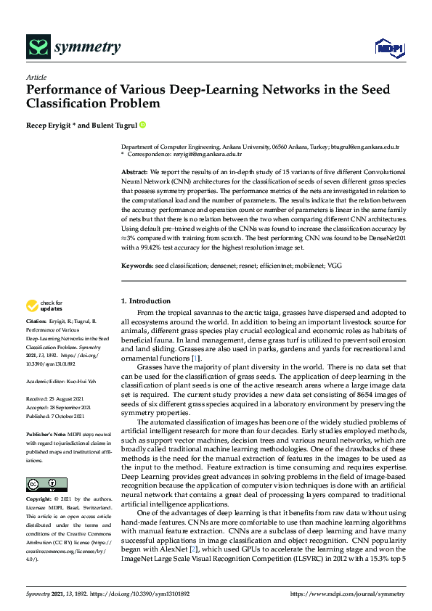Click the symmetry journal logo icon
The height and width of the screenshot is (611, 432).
[x=37, y=48]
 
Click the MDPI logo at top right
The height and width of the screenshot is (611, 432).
[x=388, y=49]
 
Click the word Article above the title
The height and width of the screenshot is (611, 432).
[x=36, y=77]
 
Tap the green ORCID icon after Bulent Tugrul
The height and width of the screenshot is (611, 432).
[x=143, y=125]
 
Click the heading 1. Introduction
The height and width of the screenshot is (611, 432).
[x=146, y=300]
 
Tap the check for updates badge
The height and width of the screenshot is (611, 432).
[x=44, y=305]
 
